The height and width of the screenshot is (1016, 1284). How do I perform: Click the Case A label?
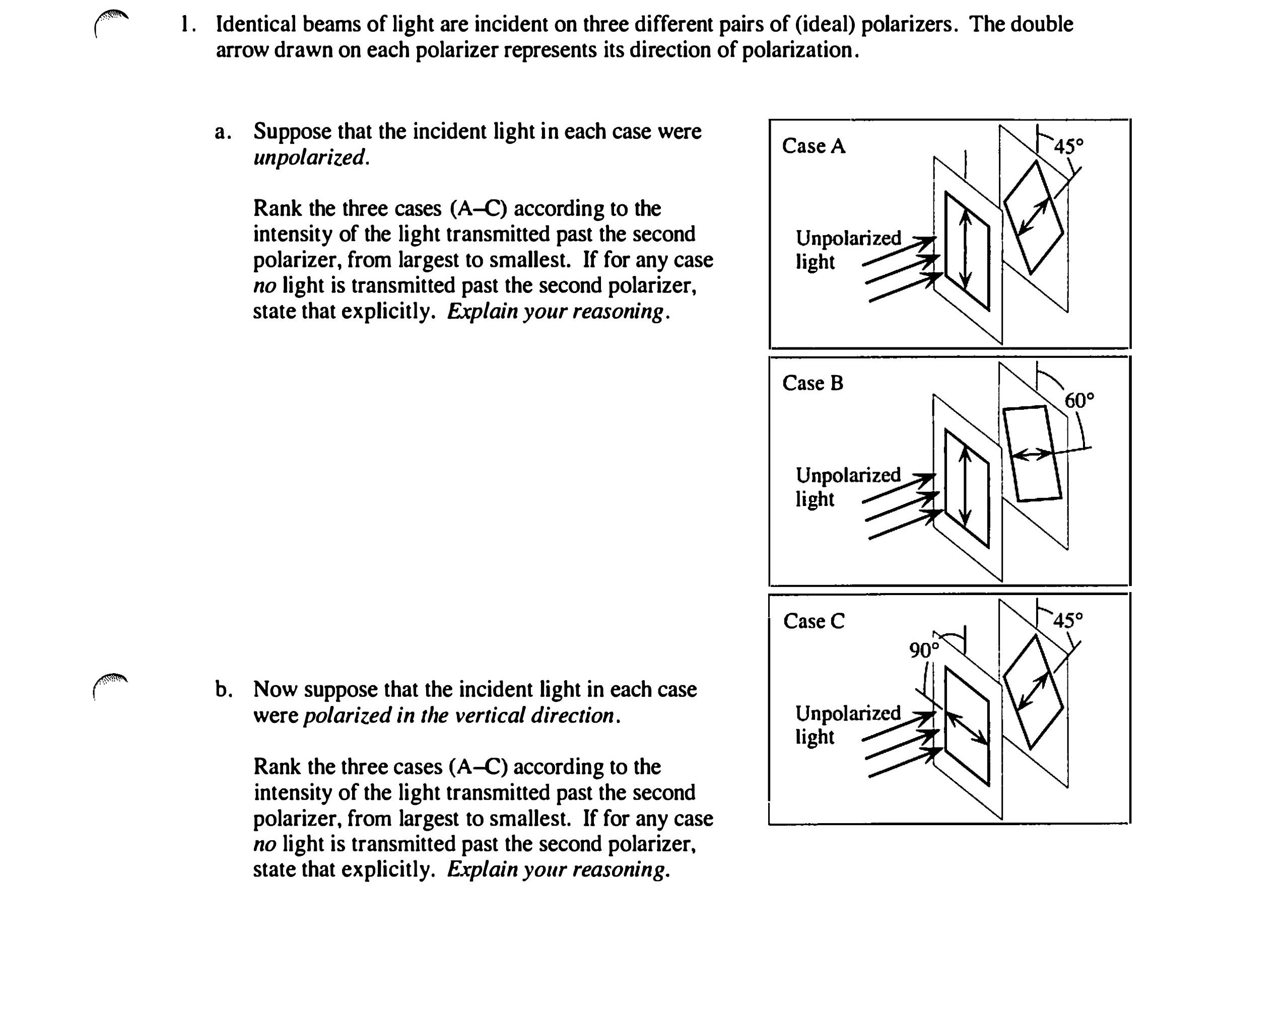[x=813, y=146]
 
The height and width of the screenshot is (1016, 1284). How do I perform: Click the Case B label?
[x=812, y=383]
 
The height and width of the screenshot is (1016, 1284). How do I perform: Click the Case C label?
[x=814, y=621]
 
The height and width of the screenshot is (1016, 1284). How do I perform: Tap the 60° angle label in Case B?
[x=1078, y=401]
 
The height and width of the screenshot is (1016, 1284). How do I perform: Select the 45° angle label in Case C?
[x=1068, y=620]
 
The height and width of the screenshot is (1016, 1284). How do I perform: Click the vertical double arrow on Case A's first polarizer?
[x=966, y=250]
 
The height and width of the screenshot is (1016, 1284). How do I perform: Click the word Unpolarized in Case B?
[x=848, y=475]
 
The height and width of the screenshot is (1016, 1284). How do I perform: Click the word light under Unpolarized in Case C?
[x=815, y=737]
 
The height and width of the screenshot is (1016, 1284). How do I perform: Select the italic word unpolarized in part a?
[x=311, y=158]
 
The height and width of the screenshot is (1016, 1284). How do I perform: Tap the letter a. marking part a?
[x=223, y=132]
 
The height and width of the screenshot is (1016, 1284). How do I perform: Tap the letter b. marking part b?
[x=223, y=689]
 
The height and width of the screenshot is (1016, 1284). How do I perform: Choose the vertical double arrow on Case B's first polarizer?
[x=966, y=488]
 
